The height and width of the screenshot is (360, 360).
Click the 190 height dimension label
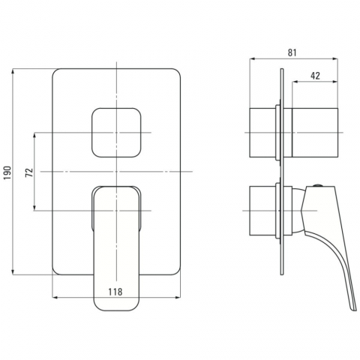7,172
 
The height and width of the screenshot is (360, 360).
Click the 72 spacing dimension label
29,172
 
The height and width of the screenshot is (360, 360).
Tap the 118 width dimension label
115,292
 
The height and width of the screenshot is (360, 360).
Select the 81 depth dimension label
292,52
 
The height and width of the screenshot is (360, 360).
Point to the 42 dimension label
315,76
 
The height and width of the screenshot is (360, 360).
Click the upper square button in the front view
116,133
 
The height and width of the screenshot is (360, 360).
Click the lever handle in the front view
116,248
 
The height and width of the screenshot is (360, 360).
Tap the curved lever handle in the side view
330,240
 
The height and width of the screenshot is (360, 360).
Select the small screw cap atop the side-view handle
317,185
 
